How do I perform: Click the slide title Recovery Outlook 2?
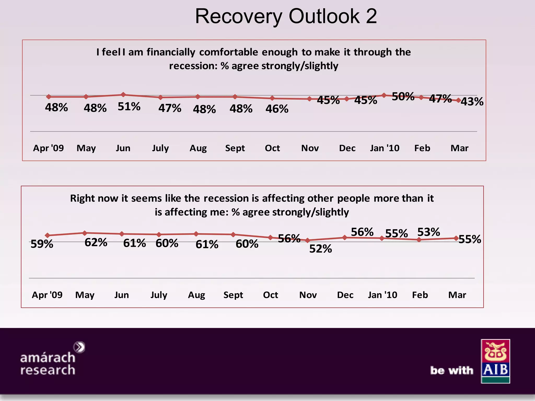point(286,16)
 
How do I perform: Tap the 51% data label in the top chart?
point(129,107)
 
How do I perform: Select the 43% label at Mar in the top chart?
point(472,102)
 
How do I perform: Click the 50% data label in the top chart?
point(403,97)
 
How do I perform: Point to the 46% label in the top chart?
point(277,109)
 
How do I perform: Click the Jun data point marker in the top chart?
point(123,95)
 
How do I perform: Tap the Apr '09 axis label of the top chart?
point(48,148)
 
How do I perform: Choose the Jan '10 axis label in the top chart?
point(385,148)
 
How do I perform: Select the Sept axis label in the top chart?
point(235,148)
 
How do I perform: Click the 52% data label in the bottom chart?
point(321,249)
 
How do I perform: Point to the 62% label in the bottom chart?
point(96,243)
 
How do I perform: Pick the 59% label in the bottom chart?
point(42,244)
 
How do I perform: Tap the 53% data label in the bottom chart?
point(428,232)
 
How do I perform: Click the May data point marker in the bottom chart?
point(85,233)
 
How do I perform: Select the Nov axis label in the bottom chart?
point(308,295)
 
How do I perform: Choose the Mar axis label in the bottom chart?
point(457,295)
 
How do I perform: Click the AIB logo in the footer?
point(495,361)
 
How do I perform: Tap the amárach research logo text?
point(48,363)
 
